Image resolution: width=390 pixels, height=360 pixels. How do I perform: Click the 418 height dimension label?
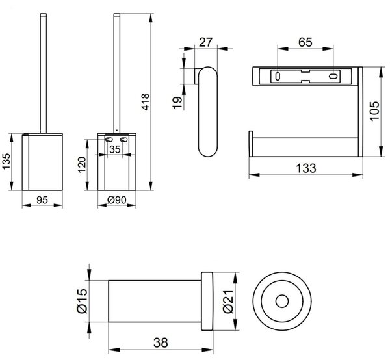(x=145, y=102)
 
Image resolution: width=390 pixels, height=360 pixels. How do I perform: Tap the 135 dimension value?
(x=6, y=161)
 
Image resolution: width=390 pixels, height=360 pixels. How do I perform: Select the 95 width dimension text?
(x=42, y=200)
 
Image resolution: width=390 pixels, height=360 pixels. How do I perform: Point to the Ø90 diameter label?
(x=117, y=200)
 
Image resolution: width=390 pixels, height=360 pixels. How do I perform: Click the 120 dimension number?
(x=82, y=164)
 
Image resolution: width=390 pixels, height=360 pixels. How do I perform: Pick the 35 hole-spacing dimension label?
(x=115, y=149)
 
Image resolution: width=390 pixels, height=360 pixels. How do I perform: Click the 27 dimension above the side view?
(x=205, y=42)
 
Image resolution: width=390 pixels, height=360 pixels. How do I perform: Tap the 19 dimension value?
(x=177, y=103)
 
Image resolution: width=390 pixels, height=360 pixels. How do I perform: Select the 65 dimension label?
(x=305, y=42)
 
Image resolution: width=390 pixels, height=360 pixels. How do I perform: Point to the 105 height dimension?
(x=374, y=111)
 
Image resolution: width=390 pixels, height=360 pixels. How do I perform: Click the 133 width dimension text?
(x=306, y=168)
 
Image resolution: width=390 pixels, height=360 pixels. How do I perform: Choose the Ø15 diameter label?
(x=82, y=301)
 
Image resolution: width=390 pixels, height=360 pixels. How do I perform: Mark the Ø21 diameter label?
(x=228, y=302)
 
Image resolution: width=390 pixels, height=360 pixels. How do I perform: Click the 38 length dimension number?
(x=161, y=342)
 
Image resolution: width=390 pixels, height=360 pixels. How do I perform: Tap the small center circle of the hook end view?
(x=282, y=302)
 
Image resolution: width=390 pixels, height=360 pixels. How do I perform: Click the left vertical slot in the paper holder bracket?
(x=278, y=76)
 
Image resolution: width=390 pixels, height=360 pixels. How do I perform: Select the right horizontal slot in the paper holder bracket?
(x=333, y=76)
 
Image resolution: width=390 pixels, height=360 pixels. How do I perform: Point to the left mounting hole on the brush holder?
(x=108, y=140)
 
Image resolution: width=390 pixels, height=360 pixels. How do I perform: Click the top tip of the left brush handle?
(x=44, y=14)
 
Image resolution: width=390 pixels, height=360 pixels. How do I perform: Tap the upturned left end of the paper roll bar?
(x=251, y=144)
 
